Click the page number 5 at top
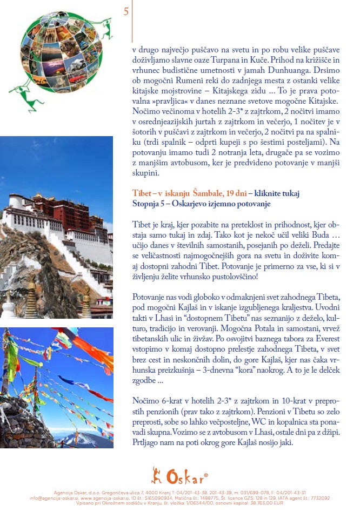[126, 12]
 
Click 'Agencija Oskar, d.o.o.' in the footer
[74, 493]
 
